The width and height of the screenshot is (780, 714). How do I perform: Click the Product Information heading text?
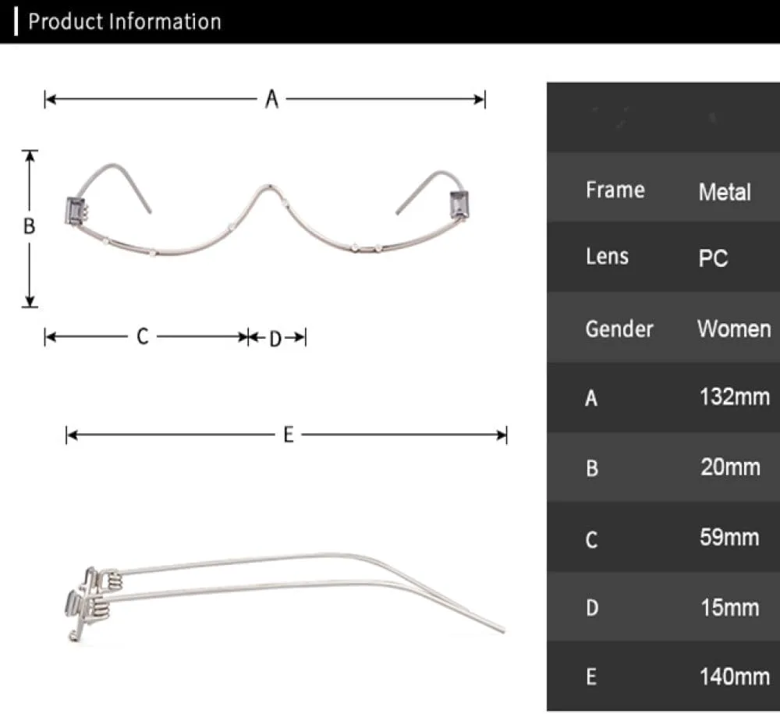tap(124, 22)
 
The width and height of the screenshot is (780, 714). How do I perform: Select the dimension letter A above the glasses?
tap(271, 99)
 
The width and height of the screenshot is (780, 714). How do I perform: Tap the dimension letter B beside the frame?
tap(30, 226)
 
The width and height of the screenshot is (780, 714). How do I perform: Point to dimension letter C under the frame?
tap(142, 336)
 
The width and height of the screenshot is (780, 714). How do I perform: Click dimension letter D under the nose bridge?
tap(275, 339)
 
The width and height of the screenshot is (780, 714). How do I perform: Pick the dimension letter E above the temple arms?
tap(288, 435)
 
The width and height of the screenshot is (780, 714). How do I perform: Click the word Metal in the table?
tap(725, 192)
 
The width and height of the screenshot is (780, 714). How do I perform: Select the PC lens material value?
tap(713, 258)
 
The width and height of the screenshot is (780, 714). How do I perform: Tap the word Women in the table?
tap(734, 329)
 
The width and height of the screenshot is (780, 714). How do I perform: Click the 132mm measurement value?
tap(735, 396)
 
